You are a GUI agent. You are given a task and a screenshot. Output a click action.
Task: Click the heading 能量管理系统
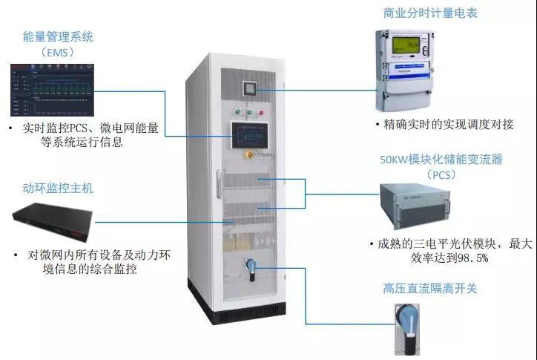click(x=58, y=36)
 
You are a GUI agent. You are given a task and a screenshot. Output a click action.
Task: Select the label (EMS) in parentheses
click(x=58, y=52)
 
